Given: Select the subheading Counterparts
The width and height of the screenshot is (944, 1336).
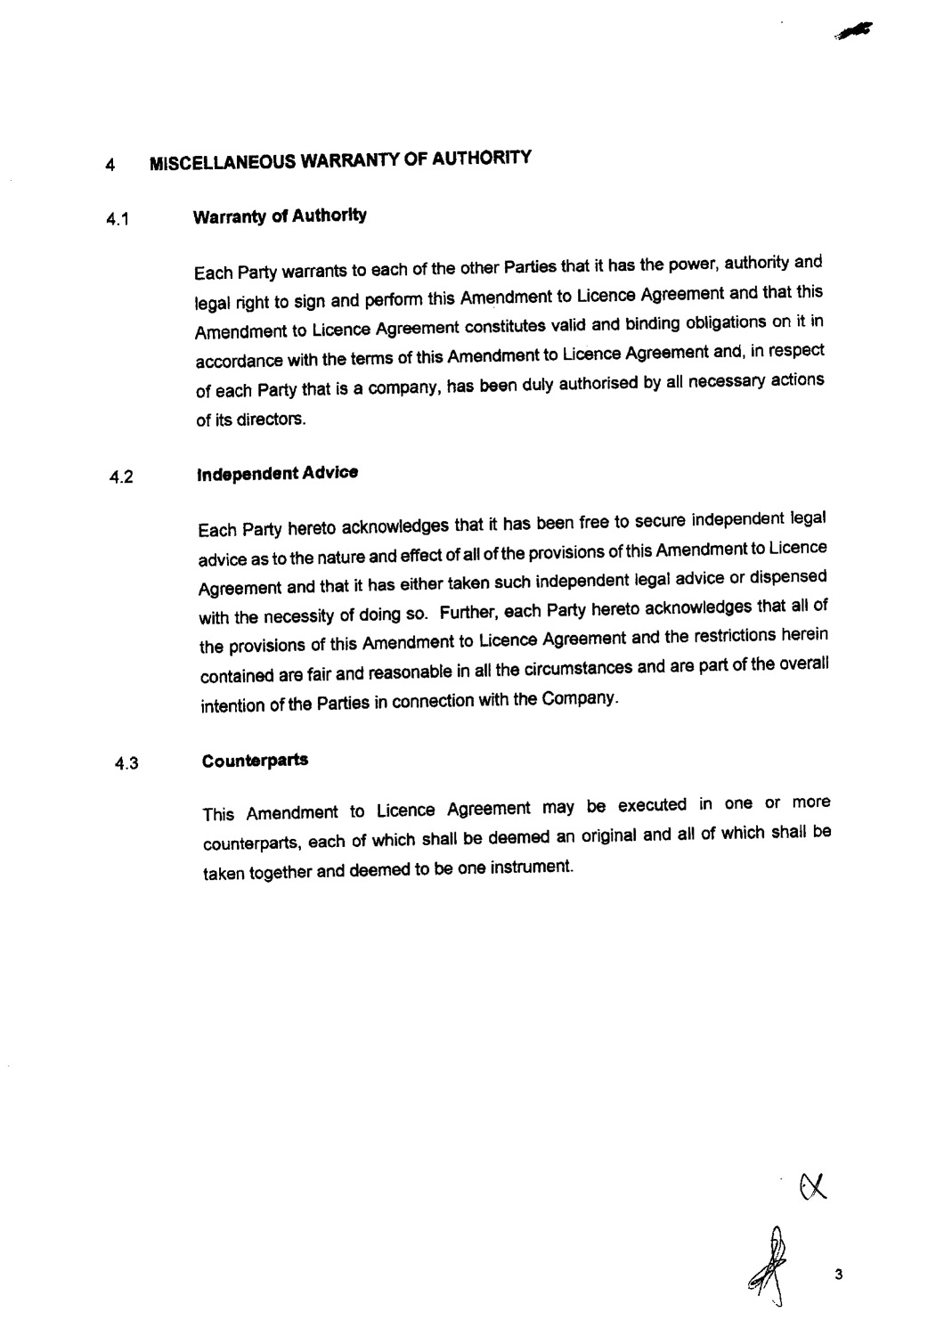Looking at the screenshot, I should tap(255, 761).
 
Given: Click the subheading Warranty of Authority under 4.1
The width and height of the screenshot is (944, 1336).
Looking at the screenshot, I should tap(280, 216).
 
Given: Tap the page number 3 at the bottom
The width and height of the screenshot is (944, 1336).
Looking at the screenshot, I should tap(838, 1274).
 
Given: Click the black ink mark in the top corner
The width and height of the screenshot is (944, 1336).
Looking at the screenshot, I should tap(853, 32).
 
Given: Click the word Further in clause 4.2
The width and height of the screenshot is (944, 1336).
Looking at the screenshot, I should tap(464, 614).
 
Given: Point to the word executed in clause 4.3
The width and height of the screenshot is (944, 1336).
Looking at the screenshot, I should tap(652, 805).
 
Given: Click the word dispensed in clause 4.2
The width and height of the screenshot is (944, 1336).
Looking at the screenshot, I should tap(788, 574).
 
